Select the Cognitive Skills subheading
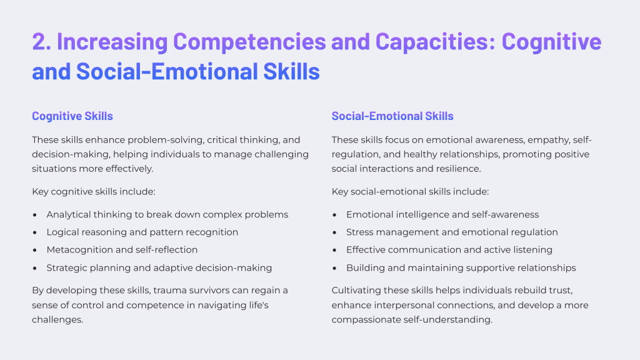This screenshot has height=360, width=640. pyautogui.click(x=72, y=116)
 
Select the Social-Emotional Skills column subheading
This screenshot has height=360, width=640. pyautogui.click(x=392, y=116)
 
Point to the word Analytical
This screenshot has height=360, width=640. pyautogui.click(x=69, y=215)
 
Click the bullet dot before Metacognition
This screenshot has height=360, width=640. pyautogui.click(x=35, y=250)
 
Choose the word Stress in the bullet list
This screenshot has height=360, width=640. pyautogui.click(x=359, y=232)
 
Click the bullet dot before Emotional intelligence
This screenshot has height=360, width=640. pyautogui.click(x=334, y=215)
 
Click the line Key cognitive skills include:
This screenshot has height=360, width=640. pyautogui.click(x=94, y=192)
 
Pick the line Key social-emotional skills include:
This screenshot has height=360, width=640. pyautogui.click(x=410, y=192)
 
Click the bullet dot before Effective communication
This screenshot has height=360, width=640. pyautogui.click(x=334, y=250)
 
